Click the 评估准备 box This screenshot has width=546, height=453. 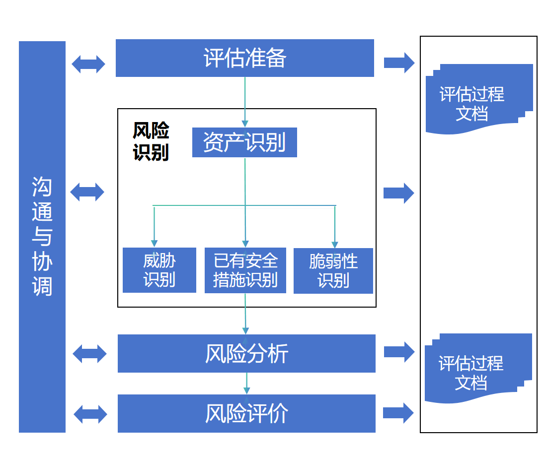coord(244,58)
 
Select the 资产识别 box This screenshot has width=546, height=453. coord(244,142)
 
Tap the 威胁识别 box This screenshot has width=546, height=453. coord(159,270)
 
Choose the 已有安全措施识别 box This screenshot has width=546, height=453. coord(245,270)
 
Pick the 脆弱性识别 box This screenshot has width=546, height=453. coord(333,270)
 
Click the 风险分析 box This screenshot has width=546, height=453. coord(246,353)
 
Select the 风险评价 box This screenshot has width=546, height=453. coord(246,413)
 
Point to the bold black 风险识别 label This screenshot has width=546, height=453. coord(151,141)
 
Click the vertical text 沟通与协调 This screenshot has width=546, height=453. coord(42,236)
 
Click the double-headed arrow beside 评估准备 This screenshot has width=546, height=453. coord(88,64)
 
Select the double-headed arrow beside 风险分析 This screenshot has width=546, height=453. coord(89,354)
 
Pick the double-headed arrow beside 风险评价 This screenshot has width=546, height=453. coord(90,414)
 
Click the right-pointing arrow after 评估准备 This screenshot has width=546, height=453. coord(399,63)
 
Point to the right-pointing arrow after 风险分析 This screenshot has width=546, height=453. coord(399,352)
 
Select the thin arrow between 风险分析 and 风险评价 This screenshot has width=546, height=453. coord(246,383)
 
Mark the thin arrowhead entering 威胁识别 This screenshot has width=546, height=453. coord(154,243)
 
